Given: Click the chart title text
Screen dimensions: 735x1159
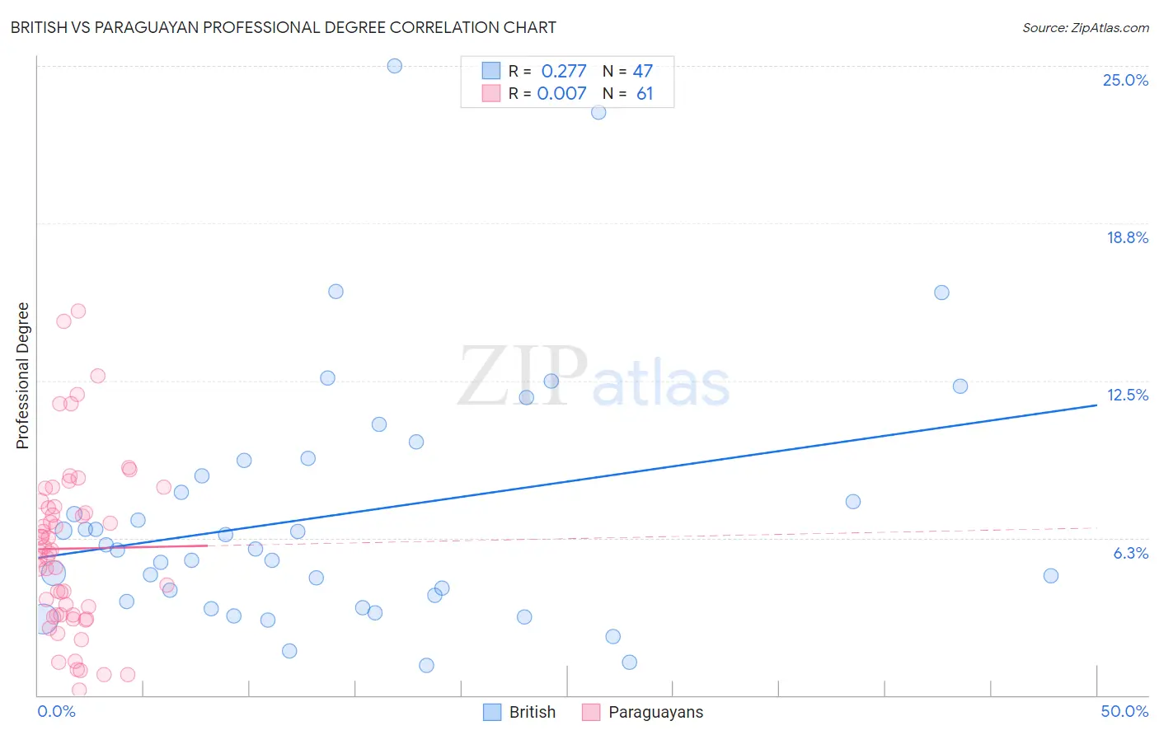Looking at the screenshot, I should click(x=283, y=27).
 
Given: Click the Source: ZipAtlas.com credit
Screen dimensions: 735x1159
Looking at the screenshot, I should click(x=1085, y=27).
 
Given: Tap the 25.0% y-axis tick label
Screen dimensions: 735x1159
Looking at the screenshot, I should click(x=1125, y=80).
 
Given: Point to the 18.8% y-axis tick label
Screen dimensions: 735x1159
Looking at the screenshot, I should click(x=1127, y=237).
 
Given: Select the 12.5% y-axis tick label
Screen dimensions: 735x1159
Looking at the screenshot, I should click(x=1127, y=395).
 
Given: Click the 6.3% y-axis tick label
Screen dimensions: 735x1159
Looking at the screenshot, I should click(x=1130, y=553).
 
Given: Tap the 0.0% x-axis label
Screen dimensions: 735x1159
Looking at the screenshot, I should click(x=56, y=711).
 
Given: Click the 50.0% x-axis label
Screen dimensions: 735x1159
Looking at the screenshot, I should click(x=1124, y=711).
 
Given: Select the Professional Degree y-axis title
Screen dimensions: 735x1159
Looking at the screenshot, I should click(x=22, y=376).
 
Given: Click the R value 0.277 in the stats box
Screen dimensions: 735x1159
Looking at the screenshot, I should click(x=564, y=71).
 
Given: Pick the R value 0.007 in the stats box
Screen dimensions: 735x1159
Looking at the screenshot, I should click(x=561, y=93).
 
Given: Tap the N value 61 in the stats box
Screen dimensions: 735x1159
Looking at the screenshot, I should click(x=645, y=93).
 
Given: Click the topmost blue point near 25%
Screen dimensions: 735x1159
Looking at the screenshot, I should click(x=395, y=66).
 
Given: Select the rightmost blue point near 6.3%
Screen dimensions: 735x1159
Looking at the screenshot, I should click(x=1051, y=576).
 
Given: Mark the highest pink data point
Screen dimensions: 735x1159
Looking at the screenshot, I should click(x=78, y=311).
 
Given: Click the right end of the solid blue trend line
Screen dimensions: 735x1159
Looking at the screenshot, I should click(x=1096, y=405).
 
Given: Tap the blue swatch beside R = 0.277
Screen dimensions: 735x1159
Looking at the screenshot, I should click(x=491, y=71).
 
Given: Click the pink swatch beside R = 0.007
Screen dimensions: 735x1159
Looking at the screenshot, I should click(x=491, y=93).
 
